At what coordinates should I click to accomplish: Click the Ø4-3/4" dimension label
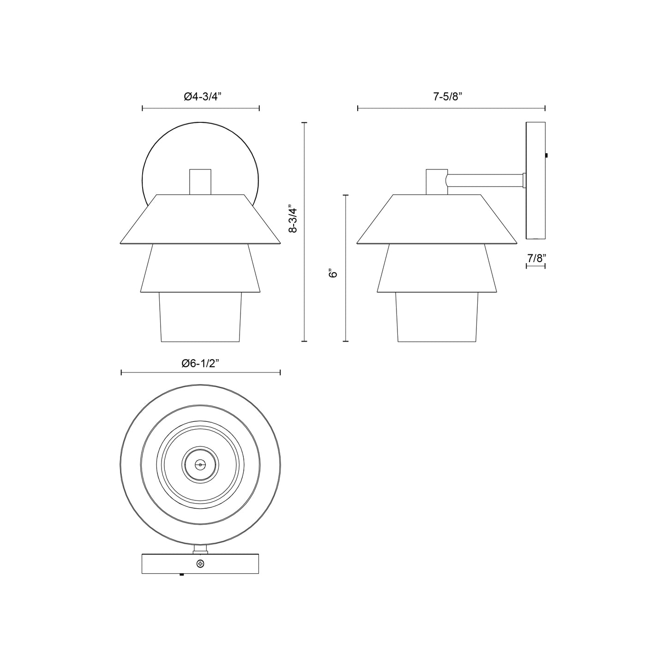[202, 96]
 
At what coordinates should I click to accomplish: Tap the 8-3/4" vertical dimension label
[293, 219]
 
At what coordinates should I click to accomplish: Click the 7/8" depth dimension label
[535, 258]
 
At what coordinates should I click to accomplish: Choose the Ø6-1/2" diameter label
[200, 363]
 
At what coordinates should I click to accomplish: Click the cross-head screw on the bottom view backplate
[200, 563]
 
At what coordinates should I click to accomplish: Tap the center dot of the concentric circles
[200, 464]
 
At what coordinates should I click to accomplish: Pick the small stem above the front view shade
[200, 181]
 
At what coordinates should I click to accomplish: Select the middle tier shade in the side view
[437, 269]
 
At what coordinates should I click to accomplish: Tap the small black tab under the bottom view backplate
[181, 575]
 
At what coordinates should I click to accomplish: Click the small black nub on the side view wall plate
[547, 156]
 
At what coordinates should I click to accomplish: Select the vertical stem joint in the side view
[436, 181]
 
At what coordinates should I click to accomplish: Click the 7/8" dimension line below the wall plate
[535, 266]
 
